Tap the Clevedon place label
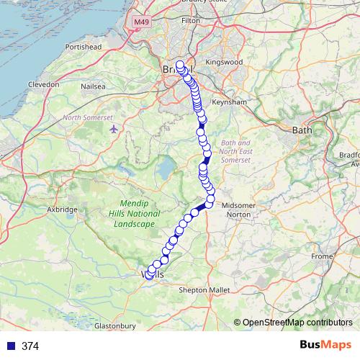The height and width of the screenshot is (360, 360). (44, 84)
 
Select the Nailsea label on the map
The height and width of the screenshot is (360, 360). (93, 86)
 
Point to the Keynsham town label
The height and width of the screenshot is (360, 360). (231, 102)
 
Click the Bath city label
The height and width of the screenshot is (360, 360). (300, 130)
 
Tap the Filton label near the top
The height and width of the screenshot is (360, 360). (191, 21)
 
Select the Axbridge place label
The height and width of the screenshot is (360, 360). (62, 210)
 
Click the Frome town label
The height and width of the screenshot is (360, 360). (322, 256)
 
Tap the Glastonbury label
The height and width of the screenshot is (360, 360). (115, 326)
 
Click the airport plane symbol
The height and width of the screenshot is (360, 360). (115, 129)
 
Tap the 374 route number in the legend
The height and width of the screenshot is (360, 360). (30, 346)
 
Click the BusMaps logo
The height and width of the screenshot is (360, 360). (323, 345)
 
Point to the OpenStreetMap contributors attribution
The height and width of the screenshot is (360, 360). (297, 323)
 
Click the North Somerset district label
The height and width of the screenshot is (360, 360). (88, 117)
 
